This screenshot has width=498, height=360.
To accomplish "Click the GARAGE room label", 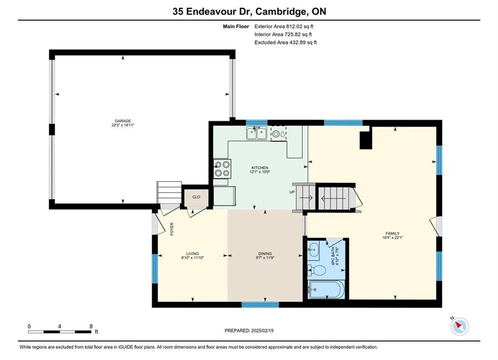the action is (x=123, y=121).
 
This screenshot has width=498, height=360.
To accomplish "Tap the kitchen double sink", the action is (x=256, y=133).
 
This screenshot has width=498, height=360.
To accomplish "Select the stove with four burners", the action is (x=222, y=168).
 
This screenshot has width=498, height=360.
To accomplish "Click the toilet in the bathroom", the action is (x=316, y=270).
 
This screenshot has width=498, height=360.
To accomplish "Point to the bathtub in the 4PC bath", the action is (x=326, y=289).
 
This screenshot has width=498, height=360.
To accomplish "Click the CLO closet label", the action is (x=196, y=197).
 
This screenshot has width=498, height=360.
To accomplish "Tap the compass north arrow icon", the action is (x=459, y=326).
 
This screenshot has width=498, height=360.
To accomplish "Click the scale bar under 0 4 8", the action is (x=60, y=332).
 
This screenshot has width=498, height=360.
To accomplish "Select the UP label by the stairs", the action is (x=292, y=192).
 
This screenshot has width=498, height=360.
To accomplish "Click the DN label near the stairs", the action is (x=359, y=211).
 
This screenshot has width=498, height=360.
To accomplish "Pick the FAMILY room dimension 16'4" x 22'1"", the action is (x=392, y=237).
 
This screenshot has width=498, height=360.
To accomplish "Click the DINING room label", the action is (x=265, y=253).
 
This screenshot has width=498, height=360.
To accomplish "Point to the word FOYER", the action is (x=172, y=228).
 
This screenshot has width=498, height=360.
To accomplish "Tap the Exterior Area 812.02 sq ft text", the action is (x=284, y=26).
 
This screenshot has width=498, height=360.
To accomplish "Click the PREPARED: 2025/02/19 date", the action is (x=249, y=330).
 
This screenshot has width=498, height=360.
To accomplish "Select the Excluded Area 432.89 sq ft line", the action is (x=285, y=42).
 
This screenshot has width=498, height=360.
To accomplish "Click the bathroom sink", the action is (x=313, y=249).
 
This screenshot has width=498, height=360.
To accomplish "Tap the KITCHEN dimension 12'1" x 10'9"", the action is (x=260, y=171).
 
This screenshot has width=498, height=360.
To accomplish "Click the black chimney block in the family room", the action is (x=365, y=140).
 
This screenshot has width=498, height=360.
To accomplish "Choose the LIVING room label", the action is (x=193, y=253).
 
